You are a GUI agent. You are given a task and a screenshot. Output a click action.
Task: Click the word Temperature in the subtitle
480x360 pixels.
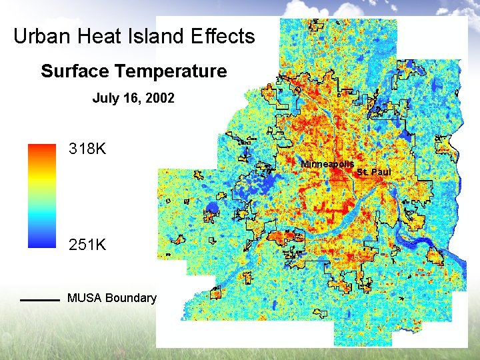pos(170,71)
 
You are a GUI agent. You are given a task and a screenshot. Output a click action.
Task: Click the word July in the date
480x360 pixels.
pos(105,99)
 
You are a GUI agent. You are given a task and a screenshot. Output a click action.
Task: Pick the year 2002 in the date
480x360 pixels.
pos(160,99)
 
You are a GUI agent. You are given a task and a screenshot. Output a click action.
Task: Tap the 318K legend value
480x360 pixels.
pos(87,149)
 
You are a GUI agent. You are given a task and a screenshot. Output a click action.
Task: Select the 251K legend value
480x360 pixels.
pos(87,245)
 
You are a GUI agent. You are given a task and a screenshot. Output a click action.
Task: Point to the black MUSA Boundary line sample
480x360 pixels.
pos(40,300)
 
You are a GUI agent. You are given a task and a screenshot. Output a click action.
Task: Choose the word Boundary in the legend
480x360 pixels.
pos(130,298)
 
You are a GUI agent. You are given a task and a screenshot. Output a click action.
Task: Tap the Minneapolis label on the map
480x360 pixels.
pos(327,164)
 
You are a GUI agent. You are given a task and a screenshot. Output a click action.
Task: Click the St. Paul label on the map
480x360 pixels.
pos(373,172)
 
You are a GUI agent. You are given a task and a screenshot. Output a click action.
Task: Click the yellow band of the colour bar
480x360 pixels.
pos(42,177)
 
